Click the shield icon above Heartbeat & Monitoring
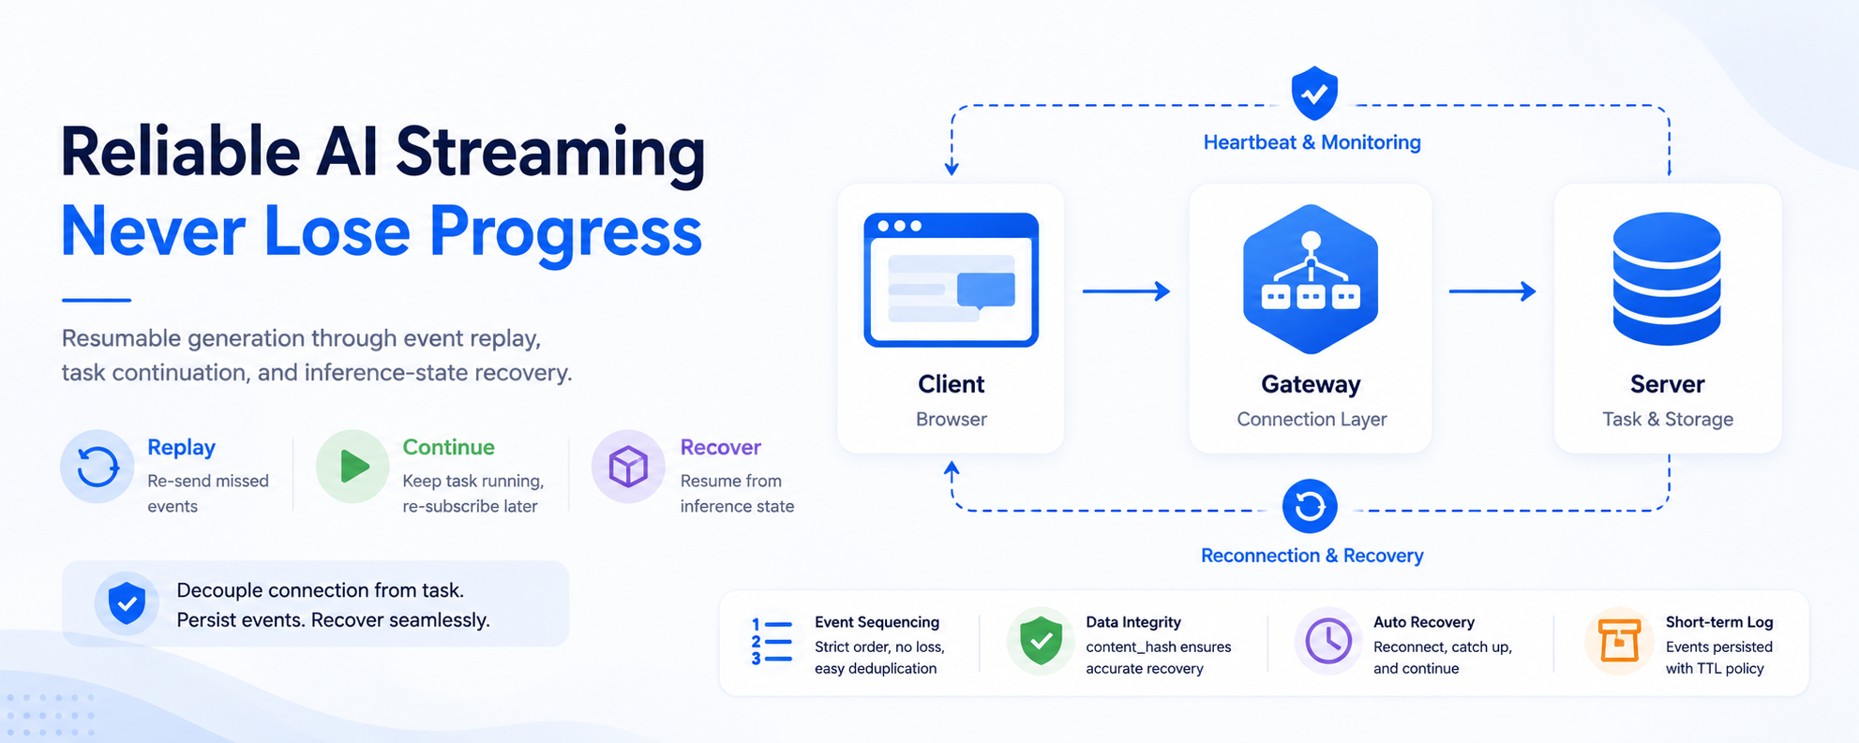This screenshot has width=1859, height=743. [x=1314, y=93]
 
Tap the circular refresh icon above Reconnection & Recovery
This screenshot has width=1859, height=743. [x=1310, y=506]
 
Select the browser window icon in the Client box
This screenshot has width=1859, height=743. [x=951, y=279]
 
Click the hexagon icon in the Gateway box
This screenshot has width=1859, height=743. [x=1311, y=279]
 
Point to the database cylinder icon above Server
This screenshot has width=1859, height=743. [x=1667, y=278]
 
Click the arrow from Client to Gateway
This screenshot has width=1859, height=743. [x=1126, y=291]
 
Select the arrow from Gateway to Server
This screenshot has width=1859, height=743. [x=1492, y=291]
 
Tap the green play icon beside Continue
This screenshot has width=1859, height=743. [x=353, y=466]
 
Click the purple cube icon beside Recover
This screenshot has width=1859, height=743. [x=628, y=467]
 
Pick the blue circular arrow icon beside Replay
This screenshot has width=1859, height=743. [x=97, y=467]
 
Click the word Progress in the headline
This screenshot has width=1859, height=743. [x=565, y=231]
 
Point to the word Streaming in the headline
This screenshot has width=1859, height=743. [x=550, y=153]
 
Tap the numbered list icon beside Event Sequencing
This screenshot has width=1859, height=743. [x=772, y=642]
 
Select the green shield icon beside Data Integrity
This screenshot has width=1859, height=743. [x=1041, y=642]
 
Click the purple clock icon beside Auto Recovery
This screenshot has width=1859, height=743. [x=1328, y=642]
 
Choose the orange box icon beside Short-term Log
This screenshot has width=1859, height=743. [x=1619, y=641]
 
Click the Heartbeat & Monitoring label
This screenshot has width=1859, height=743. [x=1312, y=142]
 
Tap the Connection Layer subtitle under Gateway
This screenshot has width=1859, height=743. [x=1312, y=419]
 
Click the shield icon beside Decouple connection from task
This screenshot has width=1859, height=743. [x=127, y=603]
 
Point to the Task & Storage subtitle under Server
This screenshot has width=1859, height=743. [x=1668, y=419]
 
